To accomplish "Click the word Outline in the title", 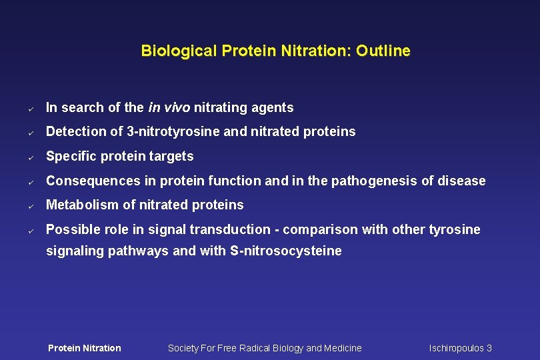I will (383, 51).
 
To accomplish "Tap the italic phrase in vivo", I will (169, 107).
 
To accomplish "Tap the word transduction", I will (231, 229).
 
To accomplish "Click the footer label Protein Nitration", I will (85, 348).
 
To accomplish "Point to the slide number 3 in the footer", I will (489, 348).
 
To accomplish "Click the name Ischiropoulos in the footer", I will (457, 348).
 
